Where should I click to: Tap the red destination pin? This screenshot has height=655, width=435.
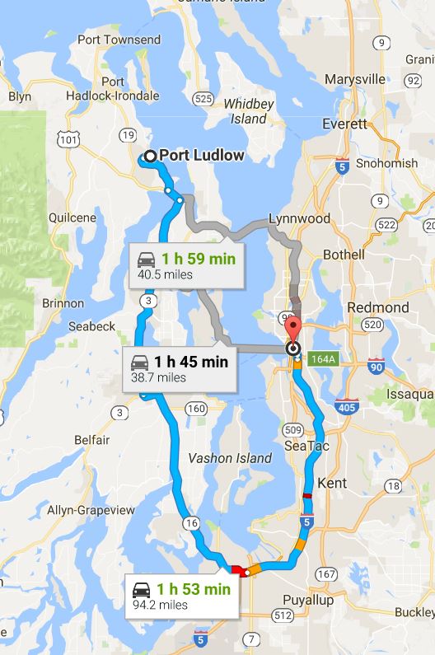[292, 331]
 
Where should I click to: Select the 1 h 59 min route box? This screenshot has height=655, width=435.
[186, 266]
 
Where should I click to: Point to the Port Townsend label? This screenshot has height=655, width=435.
[118, 40]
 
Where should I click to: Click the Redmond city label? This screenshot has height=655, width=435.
[379, 307]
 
